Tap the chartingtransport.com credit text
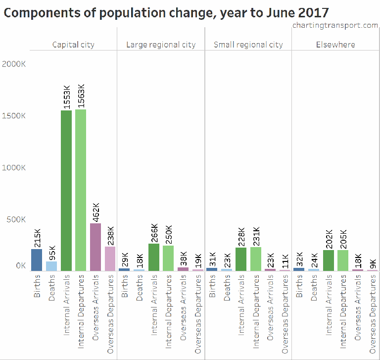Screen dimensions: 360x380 point(335,25)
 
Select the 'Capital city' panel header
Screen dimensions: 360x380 point(73,45)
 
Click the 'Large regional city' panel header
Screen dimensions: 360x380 point(161,45)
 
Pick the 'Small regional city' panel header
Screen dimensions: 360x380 point(248,45)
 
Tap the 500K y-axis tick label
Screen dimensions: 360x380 point(16,219)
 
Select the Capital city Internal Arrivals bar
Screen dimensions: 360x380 point(66,191)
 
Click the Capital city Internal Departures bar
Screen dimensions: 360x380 point(81,190)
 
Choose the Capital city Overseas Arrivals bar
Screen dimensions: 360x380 point(95,247)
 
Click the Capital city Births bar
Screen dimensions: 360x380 point(37,259)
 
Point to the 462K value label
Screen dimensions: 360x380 point(95,211)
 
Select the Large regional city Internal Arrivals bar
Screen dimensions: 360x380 point(154,257)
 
